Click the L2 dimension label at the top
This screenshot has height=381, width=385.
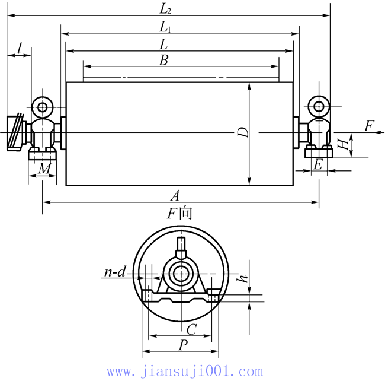click(165, 9)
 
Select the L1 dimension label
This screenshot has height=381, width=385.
click(165, 27)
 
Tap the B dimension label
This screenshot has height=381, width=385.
click(163, 60)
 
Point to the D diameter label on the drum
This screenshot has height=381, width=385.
click(243, 132)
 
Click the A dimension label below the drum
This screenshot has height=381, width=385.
click(175, 196)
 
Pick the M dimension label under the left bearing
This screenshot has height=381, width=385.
click(44, 169)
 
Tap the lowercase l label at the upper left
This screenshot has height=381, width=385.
click(20, 48)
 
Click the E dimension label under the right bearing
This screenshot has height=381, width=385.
click(317, 164)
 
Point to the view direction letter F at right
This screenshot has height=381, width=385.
click(369, 126)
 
